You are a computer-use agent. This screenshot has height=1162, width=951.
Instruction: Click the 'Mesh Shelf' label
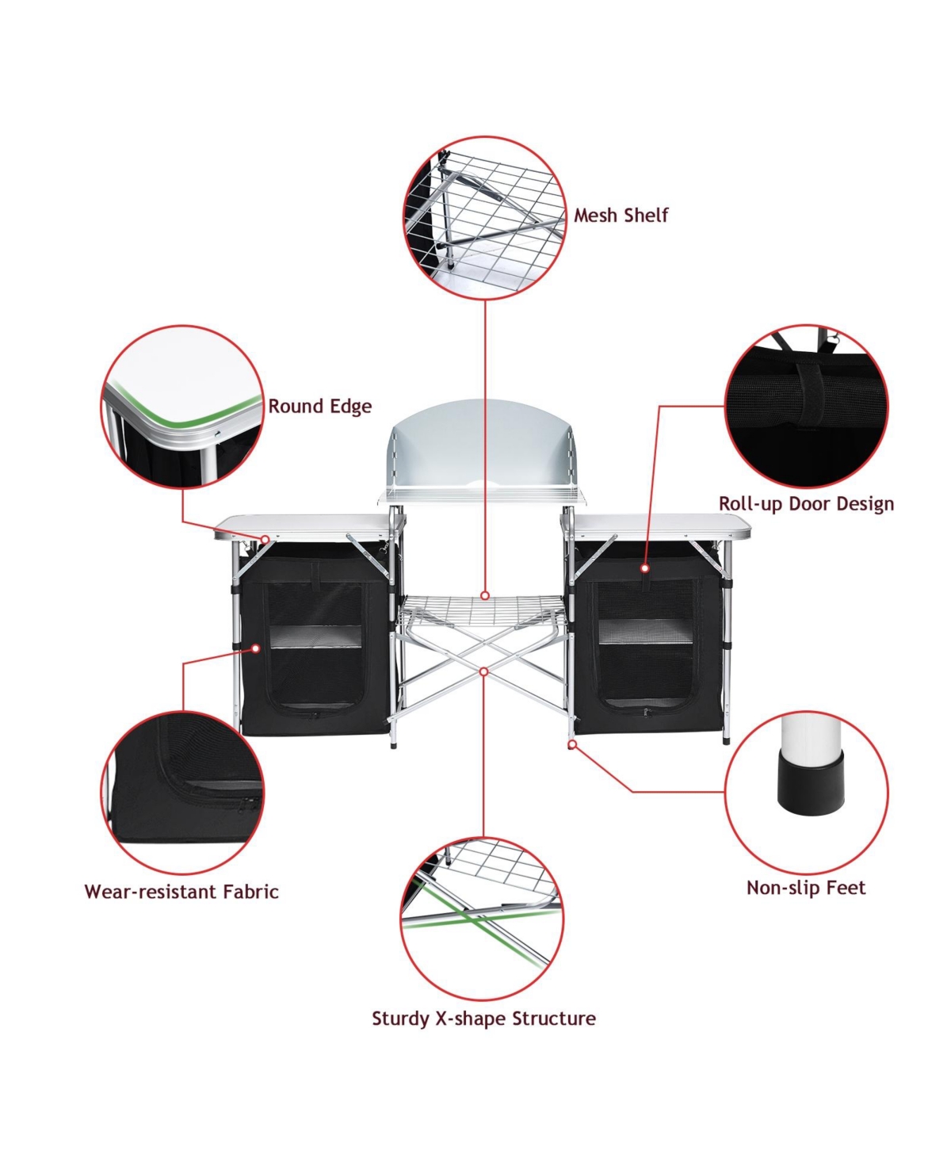click(621, 216)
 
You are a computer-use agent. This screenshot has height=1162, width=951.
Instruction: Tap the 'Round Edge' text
click(319, 407)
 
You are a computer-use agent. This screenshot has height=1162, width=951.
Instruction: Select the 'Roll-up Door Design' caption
click(806, 504)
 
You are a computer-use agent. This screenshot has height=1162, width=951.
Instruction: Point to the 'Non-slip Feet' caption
click(806, 888)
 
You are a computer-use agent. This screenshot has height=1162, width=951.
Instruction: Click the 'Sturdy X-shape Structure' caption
click(483, 1019)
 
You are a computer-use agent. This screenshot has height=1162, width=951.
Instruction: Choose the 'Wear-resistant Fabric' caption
click(181, 892)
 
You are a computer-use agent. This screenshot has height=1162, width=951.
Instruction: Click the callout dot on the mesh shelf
click(485, 595)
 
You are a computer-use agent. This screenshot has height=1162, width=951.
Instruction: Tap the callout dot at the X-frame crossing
click(483, 671)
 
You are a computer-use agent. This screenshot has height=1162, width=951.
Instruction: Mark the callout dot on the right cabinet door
click(645, 568)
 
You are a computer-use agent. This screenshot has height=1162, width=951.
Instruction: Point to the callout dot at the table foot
click(571, 745)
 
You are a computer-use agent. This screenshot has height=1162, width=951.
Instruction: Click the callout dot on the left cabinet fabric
click(256, 648)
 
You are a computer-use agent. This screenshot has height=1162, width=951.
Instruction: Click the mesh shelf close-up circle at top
click(484, 218)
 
